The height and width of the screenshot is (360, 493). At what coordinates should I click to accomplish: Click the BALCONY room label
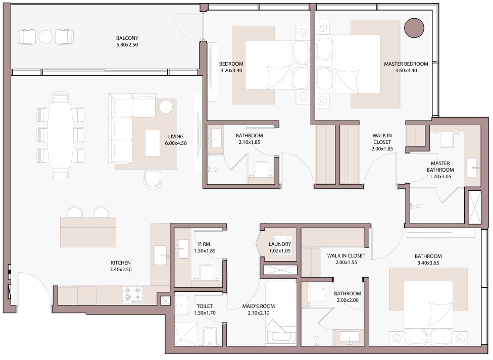click(127, 38)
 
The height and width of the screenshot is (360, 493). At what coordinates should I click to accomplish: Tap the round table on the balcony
click(45, 37)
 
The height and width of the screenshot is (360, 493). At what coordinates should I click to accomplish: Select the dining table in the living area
click(61, 135)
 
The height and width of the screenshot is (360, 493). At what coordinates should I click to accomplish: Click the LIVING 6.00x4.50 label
click(176, 139)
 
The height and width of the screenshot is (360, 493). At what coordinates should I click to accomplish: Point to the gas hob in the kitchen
click(133, 295)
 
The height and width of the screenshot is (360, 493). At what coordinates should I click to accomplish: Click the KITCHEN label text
click(120, 263)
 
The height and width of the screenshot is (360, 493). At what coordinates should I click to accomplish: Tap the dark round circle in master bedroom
click(414, 28)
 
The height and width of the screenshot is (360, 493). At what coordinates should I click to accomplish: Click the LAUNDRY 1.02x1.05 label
click(280, 247)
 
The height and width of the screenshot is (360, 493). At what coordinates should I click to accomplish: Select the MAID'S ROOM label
click(259, 306)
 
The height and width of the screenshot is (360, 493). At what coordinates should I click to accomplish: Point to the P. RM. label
click(205, 244)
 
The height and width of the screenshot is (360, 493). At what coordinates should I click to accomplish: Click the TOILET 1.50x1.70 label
click(205, 310)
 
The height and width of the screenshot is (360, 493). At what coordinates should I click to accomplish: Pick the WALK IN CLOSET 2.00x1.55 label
click(346, 259)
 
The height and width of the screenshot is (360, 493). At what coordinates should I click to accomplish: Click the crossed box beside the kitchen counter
click(165, 301)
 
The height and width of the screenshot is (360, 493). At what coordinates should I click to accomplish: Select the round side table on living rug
click(166, 107)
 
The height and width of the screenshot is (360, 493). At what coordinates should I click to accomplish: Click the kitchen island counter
click(88, 232)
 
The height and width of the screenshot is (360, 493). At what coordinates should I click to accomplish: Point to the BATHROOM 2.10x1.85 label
click(250, 139)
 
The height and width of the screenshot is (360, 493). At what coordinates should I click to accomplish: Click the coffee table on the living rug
click(153, 143)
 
